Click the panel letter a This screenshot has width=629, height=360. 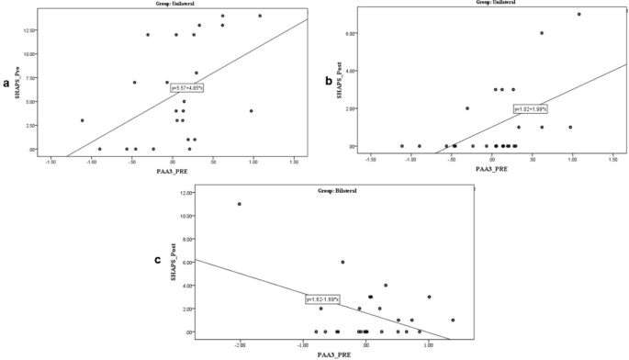tap(7, 84)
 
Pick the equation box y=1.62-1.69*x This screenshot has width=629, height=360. tap(323, 299)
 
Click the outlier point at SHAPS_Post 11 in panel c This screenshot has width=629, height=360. tap(240, 204)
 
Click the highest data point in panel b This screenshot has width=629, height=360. tap(578, 14)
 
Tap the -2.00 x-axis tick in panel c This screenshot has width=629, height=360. tap(240, 343)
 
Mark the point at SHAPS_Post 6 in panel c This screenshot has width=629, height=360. tap(343, 262)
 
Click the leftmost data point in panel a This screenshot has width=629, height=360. tap(82, 120)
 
